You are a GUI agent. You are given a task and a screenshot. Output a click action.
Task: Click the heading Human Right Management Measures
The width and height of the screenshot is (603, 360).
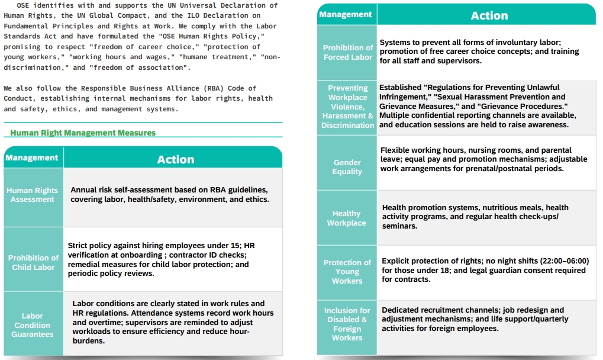tap(83, 133)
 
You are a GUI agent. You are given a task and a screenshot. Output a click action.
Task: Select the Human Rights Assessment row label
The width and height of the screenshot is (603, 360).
tap(33, 195)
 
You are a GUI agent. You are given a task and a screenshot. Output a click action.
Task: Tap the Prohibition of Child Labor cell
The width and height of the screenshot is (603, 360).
tap(33, 262)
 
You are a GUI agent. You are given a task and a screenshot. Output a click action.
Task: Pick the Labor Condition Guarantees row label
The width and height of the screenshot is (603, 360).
tap(33, 325)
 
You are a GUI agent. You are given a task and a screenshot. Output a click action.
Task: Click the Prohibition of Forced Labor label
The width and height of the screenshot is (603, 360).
tap(348, 52)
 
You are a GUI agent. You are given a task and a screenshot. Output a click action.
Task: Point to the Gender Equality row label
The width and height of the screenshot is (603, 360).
tap(347, 167)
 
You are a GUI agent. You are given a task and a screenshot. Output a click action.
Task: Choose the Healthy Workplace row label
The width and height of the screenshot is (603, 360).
tap(347, 218)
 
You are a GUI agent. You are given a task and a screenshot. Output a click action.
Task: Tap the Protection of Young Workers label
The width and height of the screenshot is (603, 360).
tap(347, 271)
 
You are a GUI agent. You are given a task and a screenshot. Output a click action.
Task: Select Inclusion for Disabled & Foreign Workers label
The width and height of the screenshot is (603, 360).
tap(347, 324)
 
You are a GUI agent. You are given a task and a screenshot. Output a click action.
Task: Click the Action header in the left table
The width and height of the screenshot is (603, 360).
tap(175, 159)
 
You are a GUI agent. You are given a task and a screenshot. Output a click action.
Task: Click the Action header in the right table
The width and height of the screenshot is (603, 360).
tap(489, 16)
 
